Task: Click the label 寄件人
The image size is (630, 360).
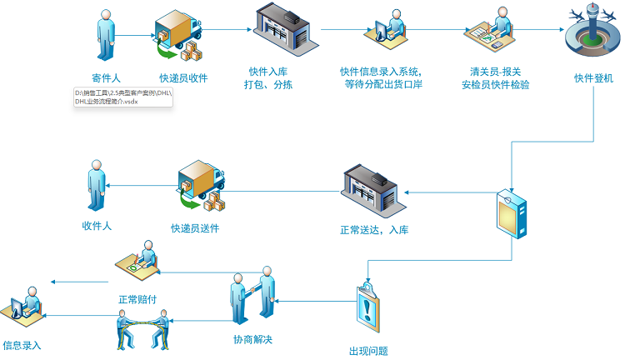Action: coord(106,78)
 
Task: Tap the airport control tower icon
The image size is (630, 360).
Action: coord(593,32)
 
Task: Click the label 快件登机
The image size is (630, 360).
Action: coord(593,78)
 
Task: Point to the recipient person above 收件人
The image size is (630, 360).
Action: coord(97,188)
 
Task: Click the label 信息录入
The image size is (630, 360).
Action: coord(22,344)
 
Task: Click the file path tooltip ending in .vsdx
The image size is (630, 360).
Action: coord(123,96)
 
